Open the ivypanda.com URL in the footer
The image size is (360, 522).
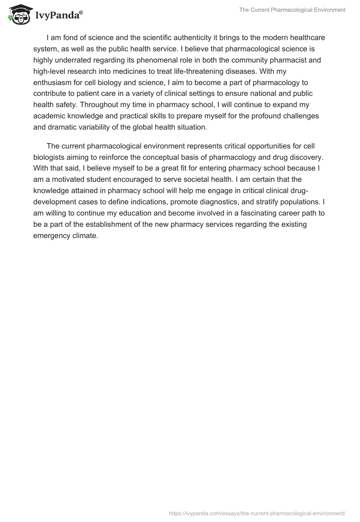pos(257,513)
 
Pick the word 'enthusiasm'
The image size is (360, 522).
pos(52,82)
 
